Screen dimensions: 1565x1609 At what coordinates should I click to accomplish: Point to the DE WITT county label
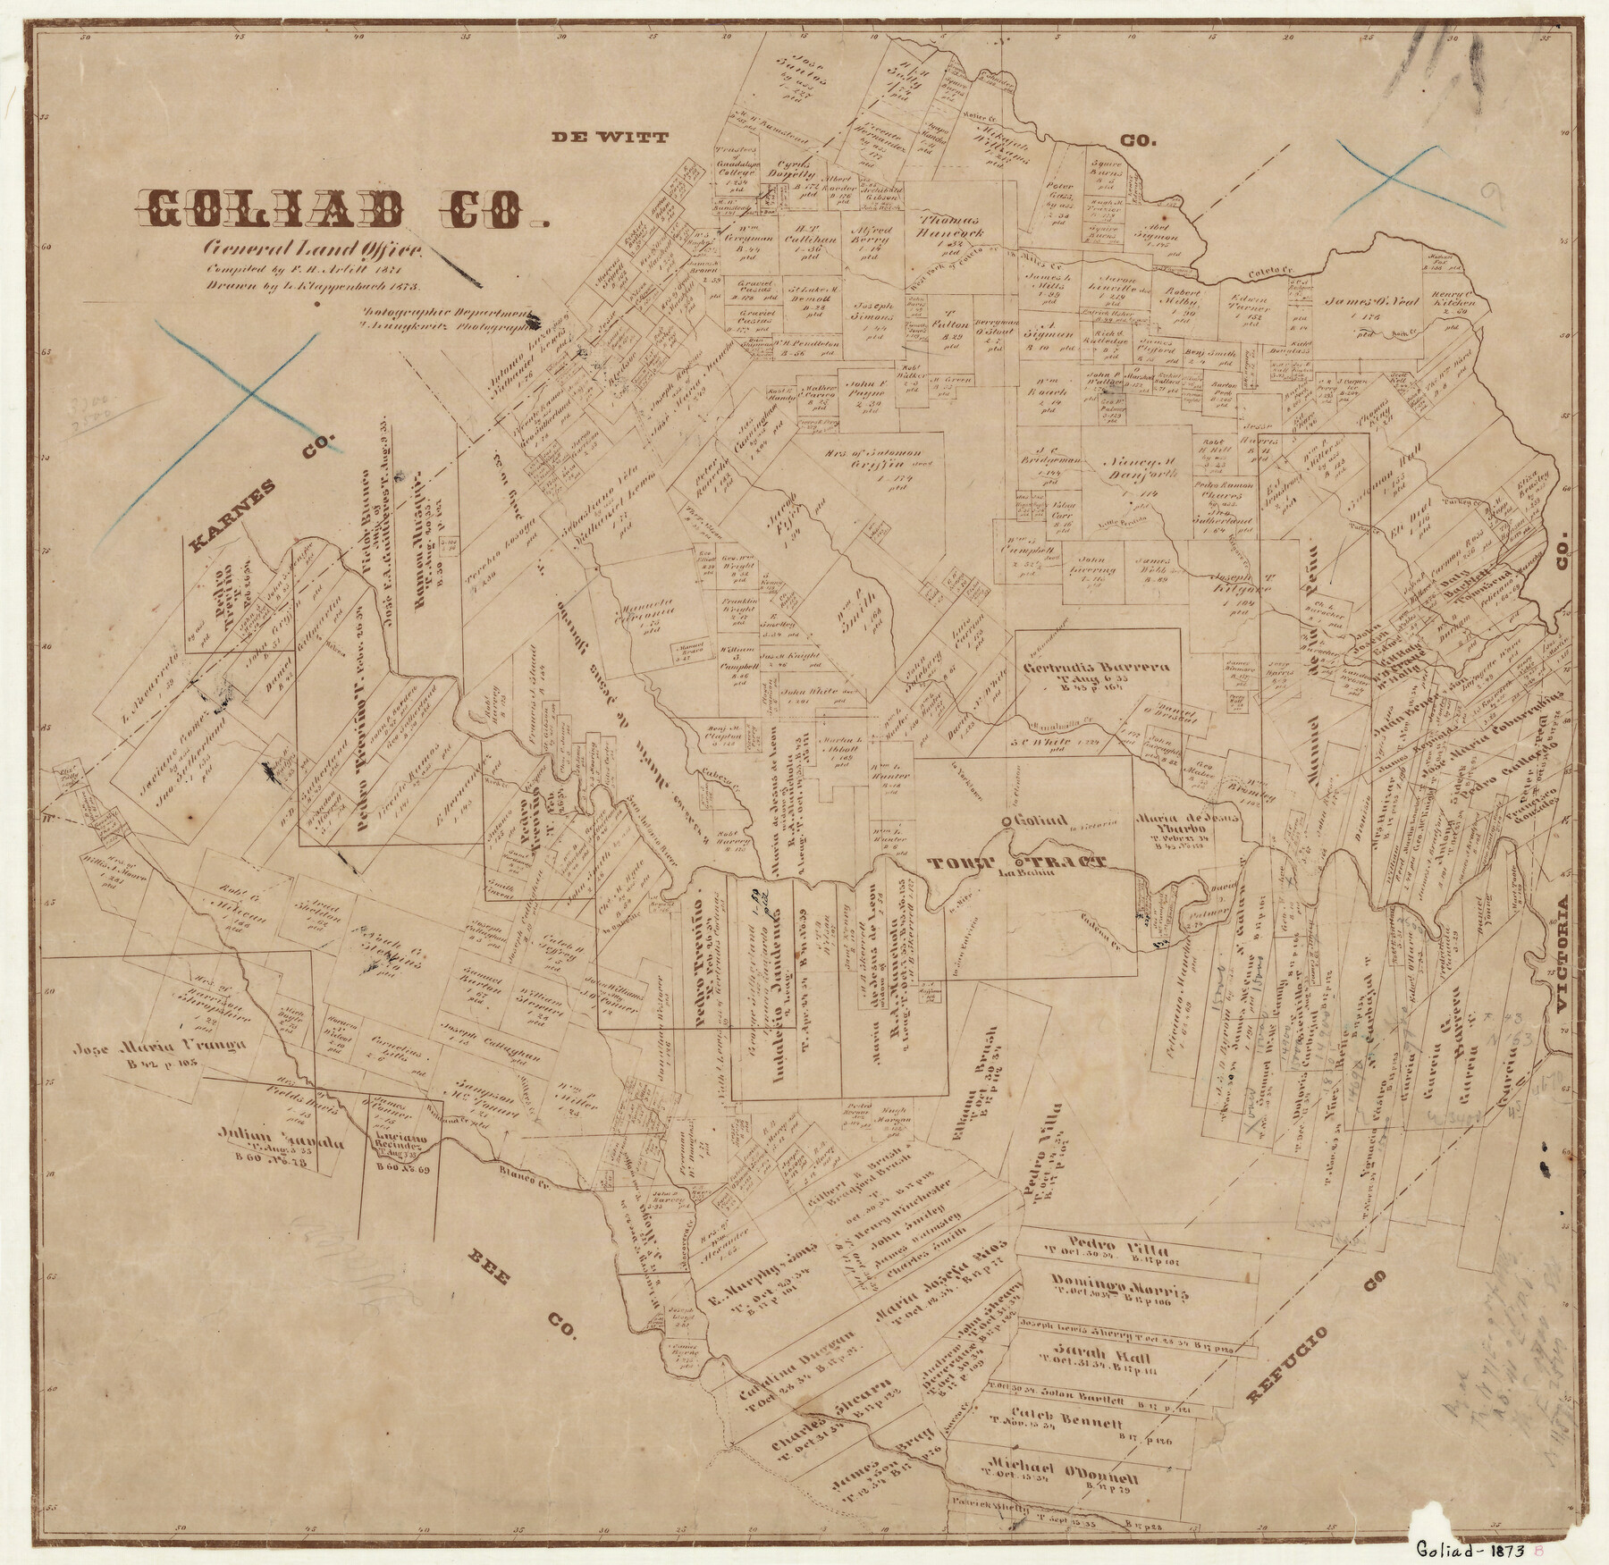pos(610,137)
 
